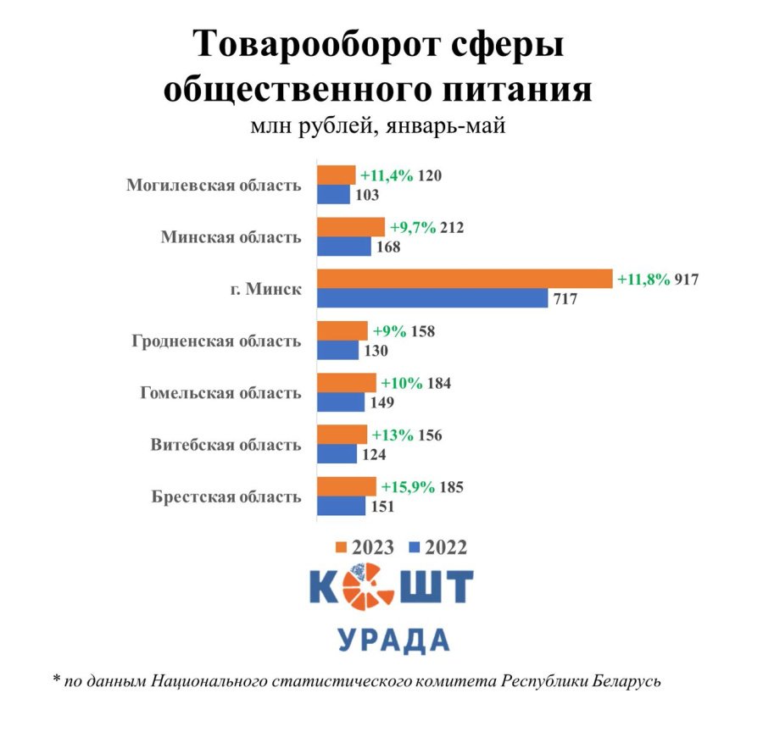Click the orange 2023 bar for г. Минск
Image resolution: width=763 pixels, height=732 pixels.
tap(465, 279)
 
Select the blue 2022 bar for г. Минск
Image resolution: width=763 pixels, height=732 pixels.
tap(432, 298)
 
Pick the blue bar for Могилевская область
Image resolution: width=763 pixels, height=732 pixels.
tap(334, 195)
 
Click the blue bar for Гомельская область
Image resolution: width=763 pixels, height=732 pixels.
tap(341, 402)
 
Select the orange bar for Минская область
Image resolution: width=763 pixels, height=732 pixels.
tap(351, 227)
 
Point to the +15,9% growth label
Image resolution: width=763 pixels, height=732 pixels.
tap(409, 487)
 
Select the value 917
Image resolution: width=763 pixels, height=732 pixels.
tap(686, 279)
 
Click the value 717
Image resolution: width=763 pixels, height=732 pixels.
tap(568, 299)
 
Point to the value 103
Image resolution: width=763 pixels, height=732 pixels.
tap(367, 196)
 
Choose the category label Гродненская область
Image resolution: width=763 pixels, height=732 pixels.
tap(216, 341)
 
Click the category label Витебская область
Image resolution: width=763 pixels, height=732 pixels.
tap(226, 445)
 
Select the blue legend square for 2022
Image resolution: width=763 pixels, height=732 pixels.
tap(415, 547)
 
